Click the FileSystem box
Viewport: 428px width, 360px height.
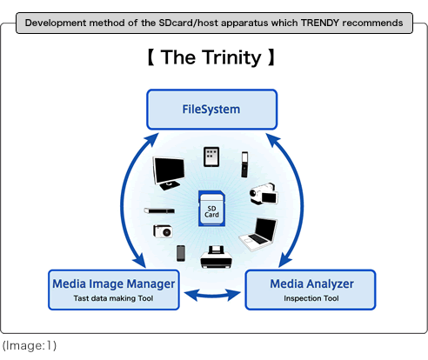(212, 110)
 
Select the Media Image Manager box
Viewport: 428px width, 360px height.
(114, 290)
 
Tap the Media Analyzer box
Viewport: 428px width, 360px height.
(311, 290)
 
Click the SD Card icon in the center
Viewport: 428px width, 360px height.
(211, 208)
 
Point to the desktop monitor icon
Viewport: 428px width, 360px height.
(169, 173)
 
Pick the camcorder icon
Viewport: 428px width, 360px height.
(264, 194)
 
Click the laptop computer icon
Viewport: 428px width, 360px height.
(258, 234)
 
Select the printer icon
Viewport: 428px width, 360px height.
(216, 257)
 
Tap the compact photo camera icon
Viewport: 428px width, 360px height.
(163, 231)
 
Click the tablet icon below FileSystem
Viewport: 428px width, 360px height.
(211, 157)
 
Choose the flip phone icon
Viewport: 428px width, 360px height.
(244, 164)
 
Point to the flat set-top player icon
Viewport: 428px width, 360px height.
(159, 210)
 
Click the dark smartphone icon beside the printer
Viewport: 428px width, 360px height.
(181, 253)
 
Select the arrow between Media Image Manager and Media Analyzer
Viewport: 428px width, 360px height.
(212, 295)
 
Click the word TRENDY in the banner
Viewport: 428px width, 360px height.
(320, 23)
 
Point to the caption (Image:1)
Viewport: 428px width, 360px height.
(30, 345)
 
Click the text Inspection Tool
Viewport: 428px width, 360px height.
(311, 298)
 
